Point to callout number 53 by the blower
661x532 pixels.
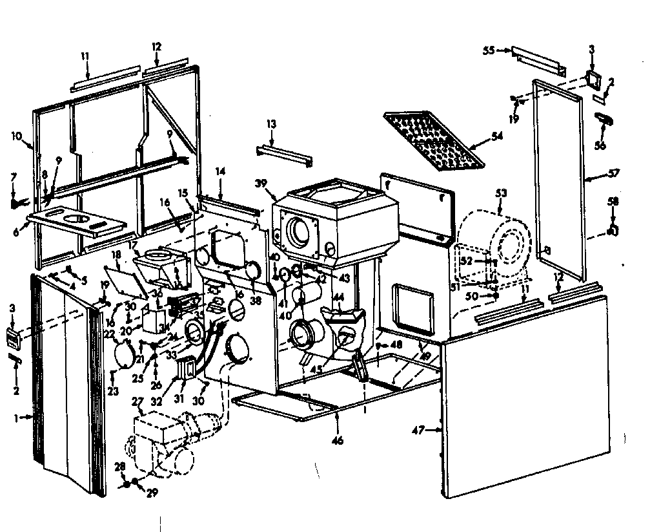501,193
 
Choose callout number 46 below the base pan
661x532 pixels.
336,440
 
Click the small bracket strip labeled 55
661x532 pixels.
539,60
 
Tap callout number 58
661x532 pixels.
613,202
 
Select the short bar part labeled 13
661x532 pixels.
284,155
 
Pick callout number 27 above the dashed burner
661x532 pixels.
137,402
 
